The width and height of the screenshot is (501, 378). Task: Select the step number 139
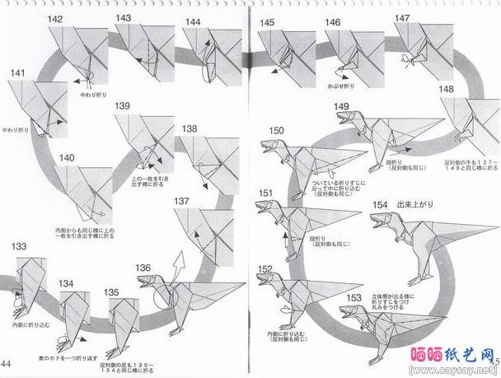(122, 106)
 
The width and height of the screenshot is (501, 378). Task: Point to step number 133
(18, 245)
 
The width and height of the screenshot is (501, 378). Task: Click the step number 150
(276, 129)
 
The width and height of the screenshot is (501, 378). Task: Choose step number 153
(354, 298)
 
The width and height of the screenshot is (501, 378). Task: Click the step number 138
(190, 128)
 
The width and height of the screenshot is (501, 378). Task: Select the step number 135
(111, 292)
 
